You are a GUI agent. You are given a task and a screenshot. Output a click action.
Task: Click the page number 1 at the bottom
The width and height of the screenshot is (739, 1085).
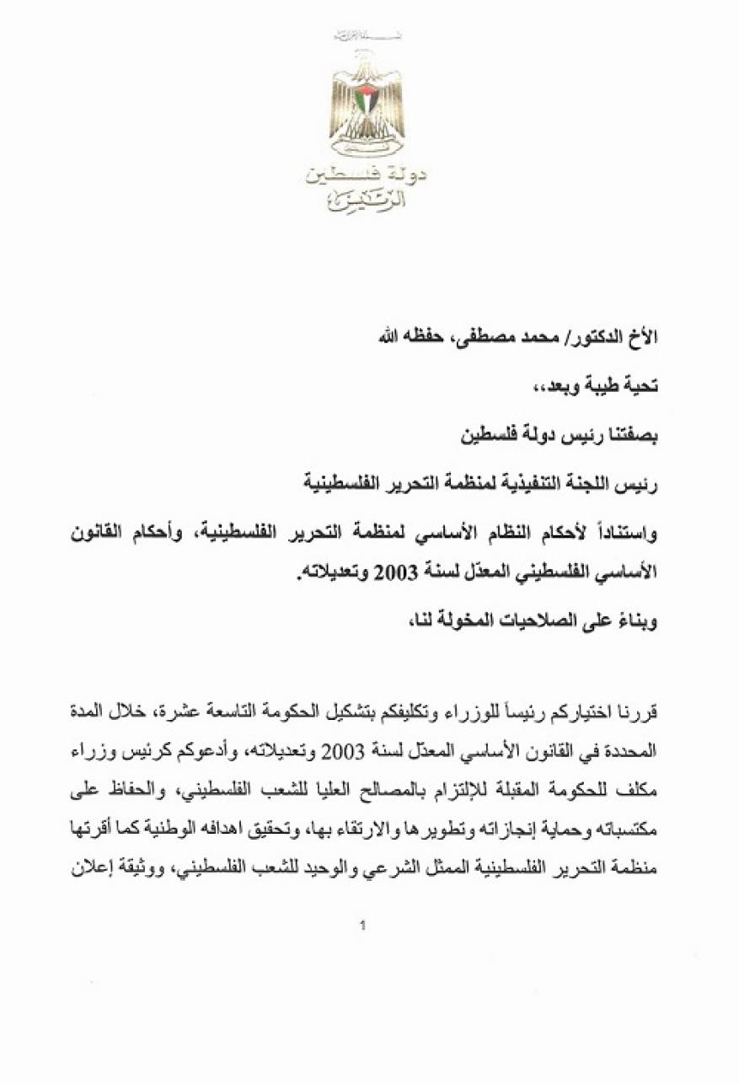point(363,927)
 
